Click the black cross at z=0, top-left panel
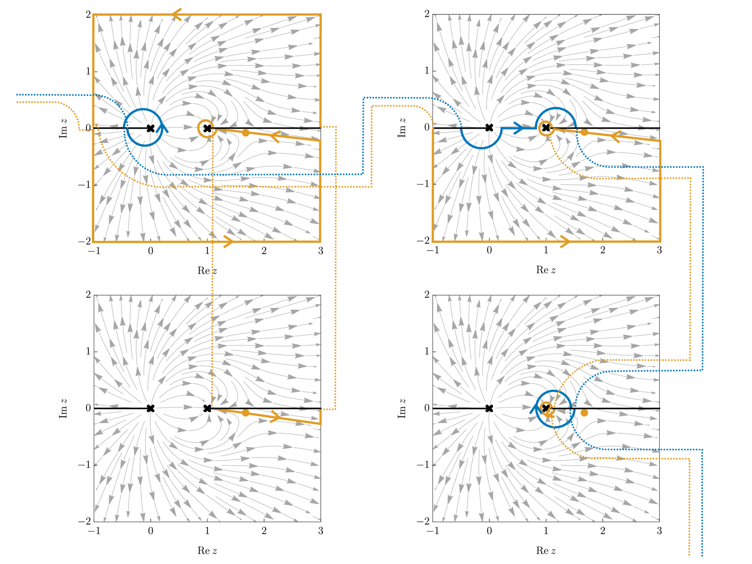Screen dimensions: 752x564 pyautogui.click(x=150, y=129)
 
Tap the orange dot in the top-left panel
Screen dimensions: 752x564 pyautogui.click(x=245, y=133)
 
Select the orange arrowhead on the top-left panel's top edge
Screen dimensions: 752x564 pyautogui.click(x=177, y=15)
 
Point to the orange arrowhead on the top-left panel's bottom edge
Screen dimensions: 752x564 pyautogui.click(x=228, y=241)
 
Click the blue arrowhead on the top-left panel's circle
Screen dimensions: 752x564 pyautogui.click(x=162, y=127)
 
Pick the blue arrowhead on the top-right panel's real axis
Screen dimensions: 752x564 pyautogui.click(x=519, y=128)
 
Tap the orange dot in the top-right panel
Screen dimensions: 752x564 pyautogui.click(x=584, y=132)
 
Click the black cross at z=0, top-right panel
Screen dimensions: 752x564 pyautogui.click(x=489, y=128)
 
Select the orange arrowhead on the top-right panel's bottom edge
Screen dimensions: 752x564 pyautogui.click(x=565, y=241)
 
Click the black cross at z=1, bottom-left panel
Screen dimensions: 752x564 pyautogui.click(x=207, y=408)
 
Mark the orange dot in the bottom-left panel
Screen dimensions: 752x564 pyautogui.click(x=245, y=413)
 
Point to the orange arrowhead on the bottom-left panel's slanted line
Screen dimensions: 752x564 pyautogui.click(x=275, y=417)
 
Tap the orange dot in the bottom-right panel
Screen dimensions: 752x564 pyautogui.click(x=584, y=413)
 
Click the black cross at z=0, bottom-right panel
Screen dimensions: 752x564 pyautogui.click(x=489, y=408)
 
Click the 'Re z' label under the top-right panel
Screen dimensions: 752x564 pyautogui.click(x=546, y=270)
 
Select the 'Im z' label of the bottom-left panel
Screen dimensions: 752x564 pyautogui.click(x=63, y=408)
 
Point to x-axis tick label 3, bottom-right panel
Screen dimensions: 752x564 pyautogui.click(x=659, y=531)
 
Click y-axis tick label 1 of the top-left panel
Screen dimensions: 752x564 pyautogui.click(x=88, y=71)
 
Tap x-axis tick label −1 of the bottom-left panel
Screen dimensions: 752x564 pyautogui.click(x=94, y=531)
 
